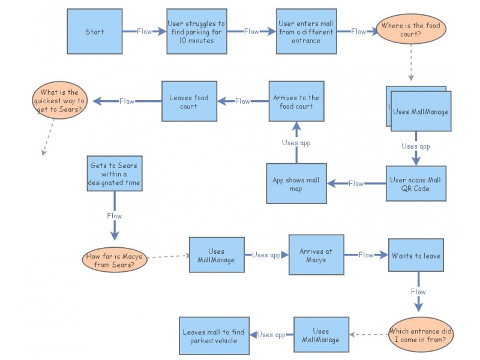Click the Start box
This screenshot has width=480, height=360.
pyautogui.click(x=94, y=32)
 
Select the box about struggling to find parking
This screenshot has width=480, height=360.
pyautogui.click(x=196, y=32)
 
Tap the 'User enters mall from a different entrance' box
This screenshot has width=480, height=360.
pyautogui.click(x=306, y=32)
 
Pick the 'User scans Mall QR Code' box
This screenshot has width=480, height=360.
pyautogui.click(x=416, y=184)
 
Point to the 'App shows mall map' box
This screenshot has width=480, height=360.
pyautogui.click(x=296, y=184)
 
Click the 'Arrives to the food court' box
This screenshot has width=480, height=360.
pyautogui.click(x=296, y=101)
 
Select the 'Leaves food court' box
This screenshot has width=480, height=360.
pyautogui.click(x=189, y=101)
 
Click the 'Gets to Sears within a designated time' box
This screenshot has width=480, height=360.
pyautogui.click(x=115, y=173)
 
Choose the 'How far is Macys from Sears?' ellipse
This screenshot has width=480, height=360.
pyautogui.click(x=114, y=260)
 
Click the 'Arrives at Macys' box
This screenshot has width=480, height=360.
pyautogui.click(x=316, y=256)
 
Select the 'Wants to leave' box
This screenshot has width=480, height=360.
pyautogui.click(x=416, y=255)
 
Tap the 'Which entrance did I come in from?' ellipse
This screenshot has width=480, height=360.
pyautogui.click(x=420, y=335)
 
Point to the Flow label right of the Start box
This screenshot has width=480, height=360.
pyautogui.click(x=145, y=32)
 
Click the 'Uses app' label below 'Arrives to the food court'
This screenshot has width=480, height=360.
pyautogui.click(x=296, y=143)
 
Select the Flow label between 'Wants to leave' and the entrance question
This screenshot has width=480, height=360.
pyautogui.click(x=418, y=292)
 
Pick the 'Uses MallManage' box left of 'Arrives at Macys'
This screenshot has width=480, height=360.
pyautogui.click(x=217, y=255)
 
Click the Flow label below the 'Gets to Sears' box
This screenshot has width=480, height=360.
pyautogui.click(x=115, y=216)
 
